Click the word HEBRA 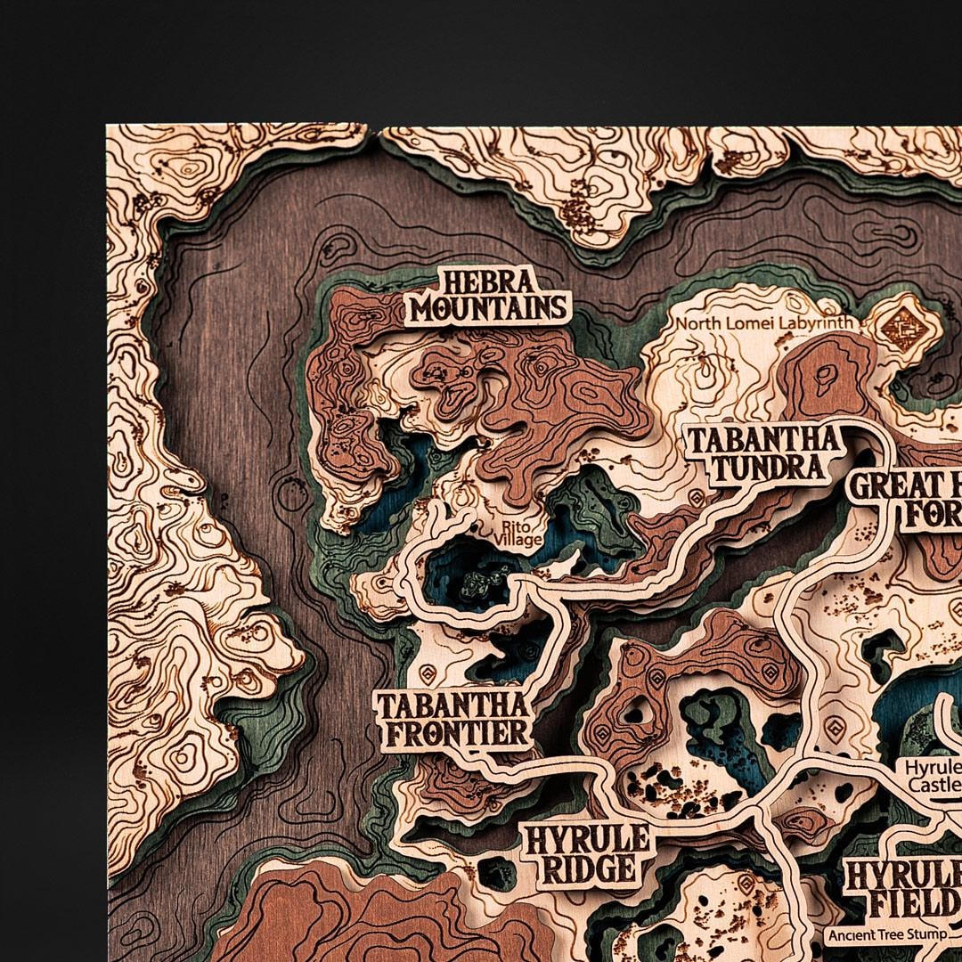click(x=488, y=283)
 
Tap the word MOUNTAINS click(x=488, y=308)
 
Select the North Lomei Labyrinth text click(x=765, y=323)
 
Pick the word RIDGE click(x=591, y=868)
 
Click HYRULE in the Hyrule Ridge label click(x=587, y=838)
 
